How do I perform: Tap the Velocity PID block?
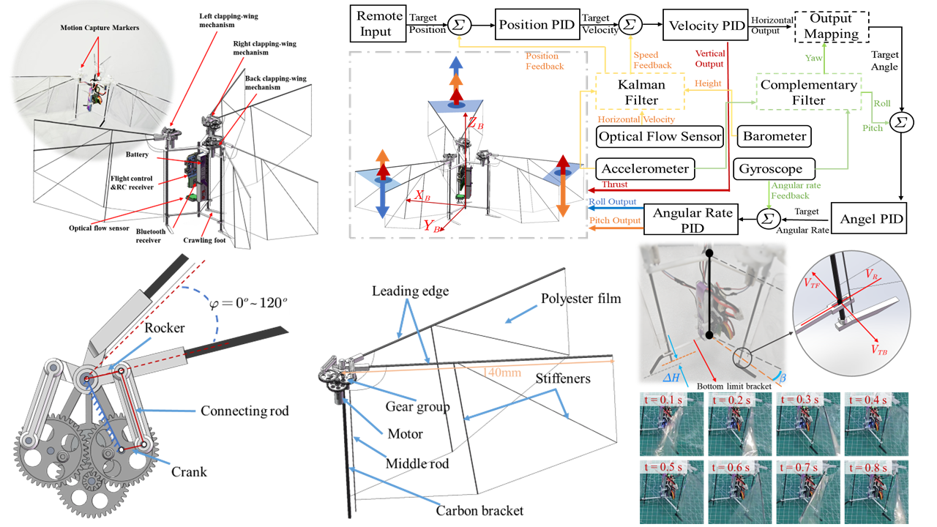coord(703,26)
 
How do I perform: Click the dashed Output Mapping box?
coord(829,26)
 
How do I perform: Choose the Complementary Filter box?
coord(807,92)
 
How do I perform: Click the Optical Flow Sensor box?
coord(660,135)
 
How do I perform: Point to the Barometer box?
coord(774,135)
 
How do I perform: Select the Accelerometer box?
coord(644,169)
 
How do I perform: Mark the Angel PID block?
coord(873,219)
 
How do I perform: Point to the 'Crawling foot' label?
coord(205,239)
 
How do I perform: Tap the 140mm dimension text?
coord(501,373)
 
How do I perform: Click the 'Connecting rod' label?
coord(244,411)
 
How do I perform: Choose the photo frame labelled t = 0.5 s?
coord(668,491)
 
